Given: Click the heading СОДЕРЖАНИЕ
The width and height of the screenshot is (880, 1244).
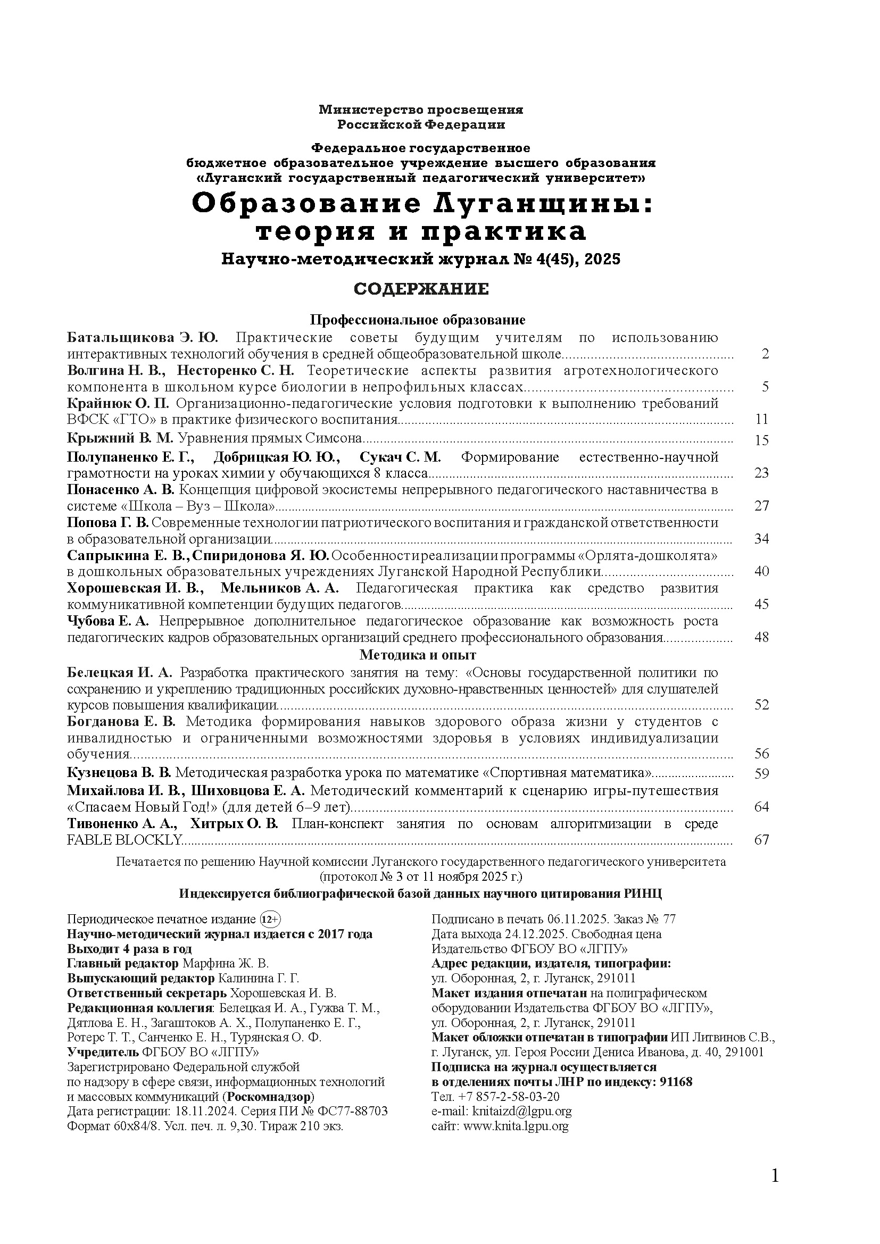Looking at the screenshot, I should (x=421, y=289).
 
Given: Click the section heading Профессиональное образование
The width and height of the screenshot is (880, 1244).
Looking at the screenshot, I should (x=418, y=320).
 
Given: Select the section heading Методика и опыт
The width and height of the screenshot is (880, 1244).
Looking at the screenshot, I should (x=418, y=655).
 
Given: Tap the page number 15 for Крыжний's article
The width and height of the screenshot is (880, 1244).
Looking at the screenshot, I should (x=761, y=440).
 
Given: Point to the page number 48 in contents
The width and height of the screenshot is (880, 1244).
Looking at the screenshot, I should (x=761, y=637).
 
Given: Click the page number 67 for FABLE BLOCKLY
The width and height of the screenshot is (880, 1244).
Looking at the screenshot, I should (x=761, y=840).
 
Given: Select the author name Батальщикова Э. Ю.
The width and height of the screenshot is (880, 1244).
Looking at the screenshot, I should (x=143, y=338).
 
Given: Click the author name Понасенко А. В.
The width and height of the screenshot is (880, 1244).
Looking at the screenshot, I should (x=121, y=490).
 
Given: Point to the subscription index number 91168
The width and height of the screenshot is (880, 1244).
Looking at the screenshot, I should (x=676, y=1082).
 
